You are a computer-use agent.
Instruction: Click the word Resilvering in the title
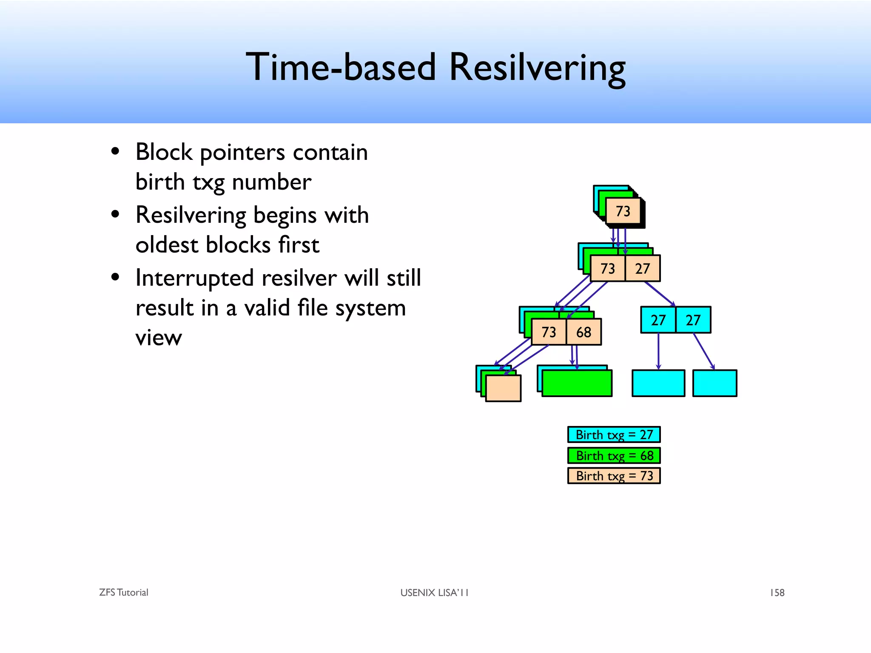coord(537,67)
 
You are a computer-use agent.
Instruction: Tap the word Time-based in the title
coord(341,67)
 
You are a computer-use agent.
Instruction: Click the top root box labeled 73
coord(623,211)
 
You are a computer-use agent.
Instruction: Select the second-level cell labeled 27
coord(643,269)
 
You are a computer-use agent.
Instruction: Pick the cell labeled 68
coord(584,332)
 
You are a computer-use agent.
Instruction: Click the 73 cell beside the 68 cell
coord(549,332)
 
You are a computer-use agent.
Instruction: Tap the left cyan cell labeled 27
coord(658,320)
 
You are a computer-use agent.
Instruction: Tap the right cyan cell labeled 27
coord(693,320)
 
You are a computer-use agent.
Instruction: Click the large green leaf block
coord(577,383)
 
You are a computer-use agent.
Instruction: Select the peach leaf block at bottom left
coord(503,388)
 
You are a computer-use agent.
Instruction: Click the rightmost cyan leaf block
coord(714,383)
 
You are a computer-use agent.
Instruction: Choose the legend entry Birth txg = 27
coord(614,435)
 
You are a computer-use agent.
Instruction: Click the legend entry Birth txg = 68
coord(614,456)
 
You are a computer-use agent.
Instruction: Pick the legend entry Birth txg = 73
coord(614,476)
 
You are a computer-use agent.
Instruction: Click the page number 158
coord(777,593)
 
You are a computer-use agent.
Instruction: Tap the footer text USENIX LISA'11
coord(434,593)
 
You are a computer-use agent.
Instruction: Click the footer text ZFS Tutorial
coord(123,593)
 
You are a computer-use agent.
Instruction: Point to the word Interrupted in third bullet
coord(194,278)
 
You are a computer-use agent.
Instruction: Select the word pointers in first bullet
coord(242,153)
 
